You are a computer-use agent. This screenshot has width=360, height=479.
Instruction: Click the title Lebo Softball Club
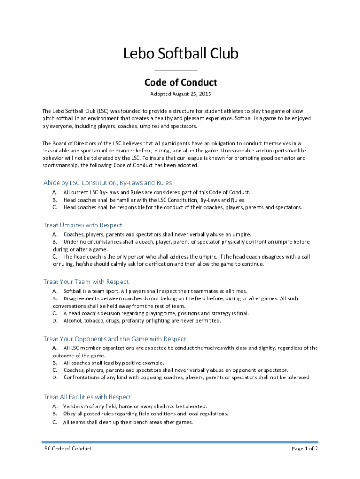click(x=180, y=54)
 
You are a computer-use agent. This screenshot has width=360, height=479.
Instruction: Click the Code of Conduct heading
click(x=180, y=83)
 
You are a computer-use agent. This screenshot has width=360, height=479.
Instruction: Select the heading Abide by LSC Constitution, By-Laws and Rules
click(x=108, y=182)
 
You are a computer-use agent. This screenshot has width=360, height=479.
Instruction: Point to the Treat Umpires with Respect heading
click(x=83, y=225)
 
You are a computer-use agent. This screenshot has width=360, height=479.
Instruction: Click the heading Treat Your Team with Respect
click(x=86, y=282)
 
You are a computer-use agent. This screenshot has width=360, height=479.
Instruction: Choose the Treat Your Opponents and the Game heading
click(x=115, y=339)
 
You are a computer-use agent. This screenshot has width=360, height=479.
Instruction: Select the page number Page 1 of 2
click(x=305, y=449)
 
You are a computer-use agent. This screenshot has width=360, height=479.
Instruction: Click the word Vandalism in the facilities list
click(x=77, y=406)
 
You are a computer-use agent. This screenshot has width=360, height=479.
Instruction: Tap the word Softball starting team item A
click(x=74, y=291)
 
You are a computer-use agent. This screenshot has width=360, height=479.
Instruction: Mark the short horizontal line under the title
click(x=180, y=70)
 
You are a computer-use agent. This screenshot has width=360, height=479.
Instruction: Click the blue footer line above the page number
click(x=180, y=442)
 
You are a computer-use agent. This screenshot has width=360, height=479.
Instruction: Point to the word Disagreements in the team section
click(x=82, y=298)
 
